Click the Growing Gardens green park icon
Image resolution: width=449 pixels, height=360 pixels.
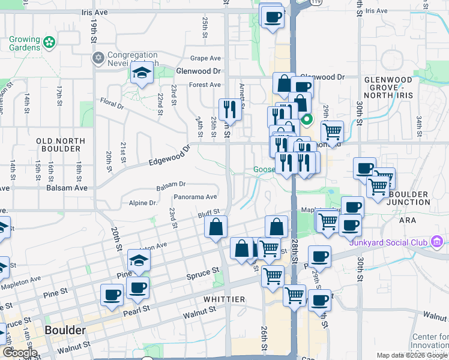tap(50, 43)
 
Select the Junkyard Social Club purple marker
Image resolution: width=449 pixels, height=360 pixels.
tap(436, 242)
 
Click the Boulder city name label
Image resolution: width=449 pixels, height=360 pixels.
tap(64, 331)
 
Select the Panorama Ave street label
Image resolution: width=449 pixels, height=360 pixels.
tap(195, 197)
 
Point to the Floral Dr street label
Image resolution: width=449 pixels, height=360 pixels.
tap(112, 103)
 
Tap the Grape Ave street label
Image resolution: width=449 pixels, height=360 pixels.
tap(206, 58)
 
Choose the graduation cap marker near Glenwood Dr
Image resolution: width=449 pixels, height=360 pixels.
tap(142, 73)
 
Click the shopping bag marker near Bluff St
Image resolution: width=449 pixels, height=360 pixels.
tap(215, 227)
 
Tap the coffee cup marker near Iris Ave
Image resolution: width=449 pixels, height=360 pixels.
tap(273, 16)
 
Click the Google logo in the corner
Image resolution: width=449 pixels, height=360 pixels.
tap(19, 353)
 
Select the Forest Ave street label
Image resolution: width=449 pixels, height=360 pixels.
tap(205, 85)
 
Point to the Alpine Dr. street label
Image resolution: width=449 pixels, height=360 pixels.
tap(143, 203)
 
